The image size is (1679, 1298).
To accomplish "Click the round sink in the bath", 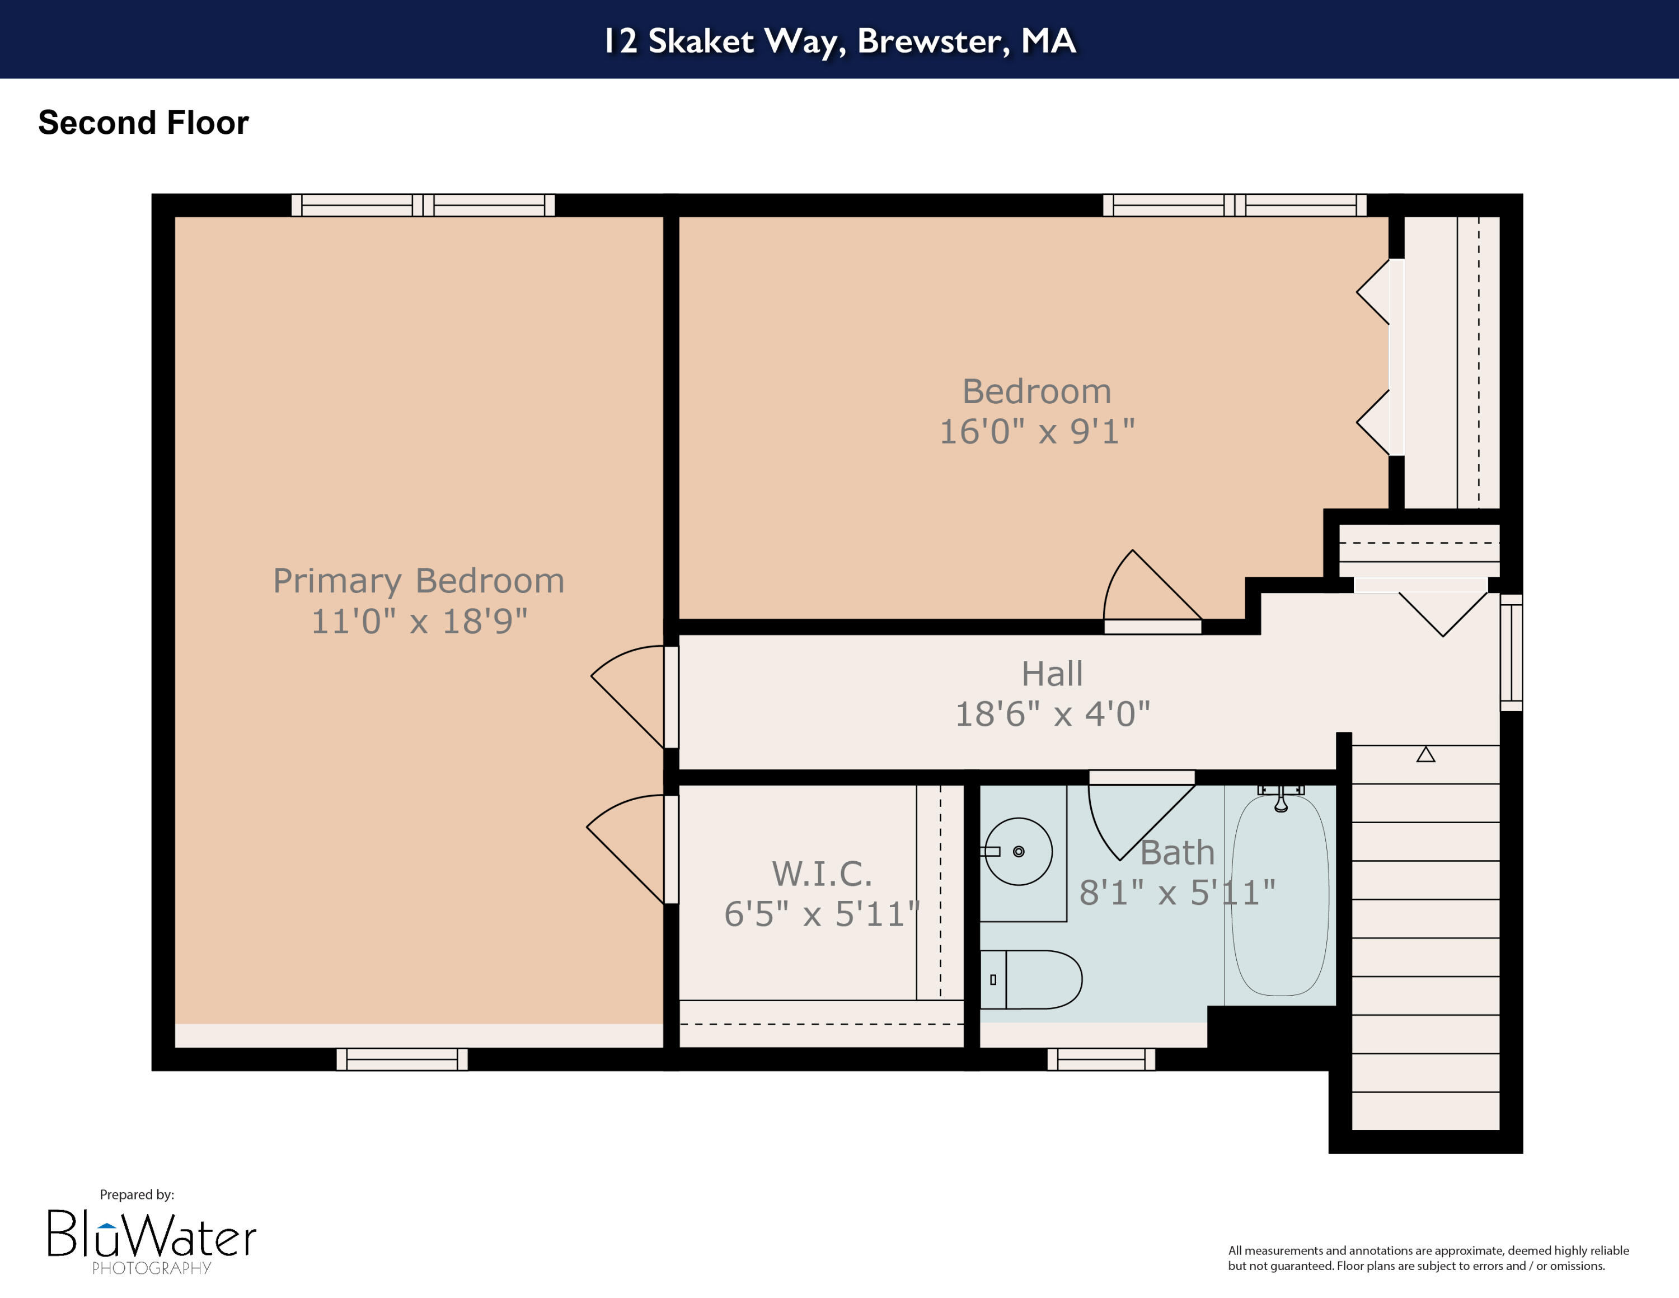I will coord(1018,851).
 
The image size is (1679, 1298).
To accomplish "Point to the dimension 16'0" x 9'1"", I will coord(1037,431).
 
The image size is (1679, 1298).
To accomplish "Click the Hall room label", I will coord(1052,674).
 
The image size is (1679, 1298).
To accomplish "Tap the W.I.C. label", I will coord(822,874).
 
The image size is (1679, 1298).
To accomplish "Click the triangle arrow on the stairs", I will coord(1425,755).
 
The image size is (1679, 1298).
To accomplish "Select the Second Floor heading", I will coord(143,123).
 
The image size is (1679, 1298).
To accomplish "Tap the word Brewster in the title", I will coord(932,41).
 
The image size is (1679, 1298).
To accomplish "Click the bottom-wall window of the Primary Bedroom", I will coord(401,1059).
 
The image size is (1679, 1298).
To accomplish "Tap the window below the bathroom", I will coord(1100,1059).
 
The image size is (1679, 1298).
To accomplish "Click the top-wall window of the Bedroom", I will coord(1234,204).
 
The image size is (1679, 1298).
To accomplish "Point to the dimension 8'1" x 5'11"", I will coord(1177,893).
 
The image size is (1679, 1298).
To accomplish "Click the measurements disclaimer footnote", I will coord(1428,1258).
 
